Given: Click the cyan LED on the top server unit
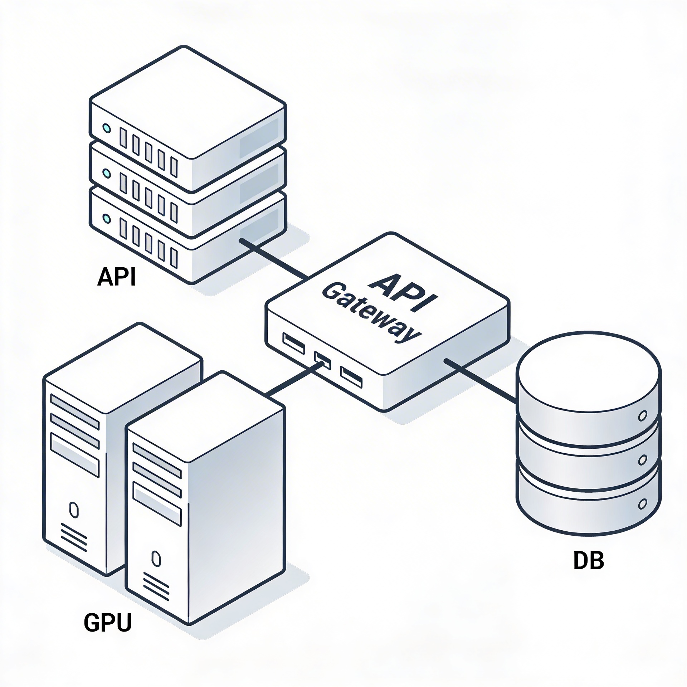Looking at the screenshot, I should tap(106, 128).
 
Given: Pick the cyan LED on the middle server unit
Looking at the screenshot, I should tap(106, 174).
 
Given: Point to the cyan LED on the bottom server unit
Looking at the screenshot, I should tap(106, 218).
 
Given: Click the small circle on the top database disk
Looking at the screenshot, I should tap(642, 416).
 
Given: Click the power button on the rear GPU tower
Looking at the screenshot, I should tap(73, 510).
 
